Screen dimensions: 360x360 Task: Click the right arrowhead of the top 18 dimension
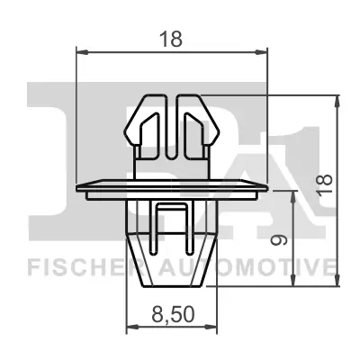266,51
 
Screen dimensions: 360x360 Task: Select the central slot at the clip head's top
174,112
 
